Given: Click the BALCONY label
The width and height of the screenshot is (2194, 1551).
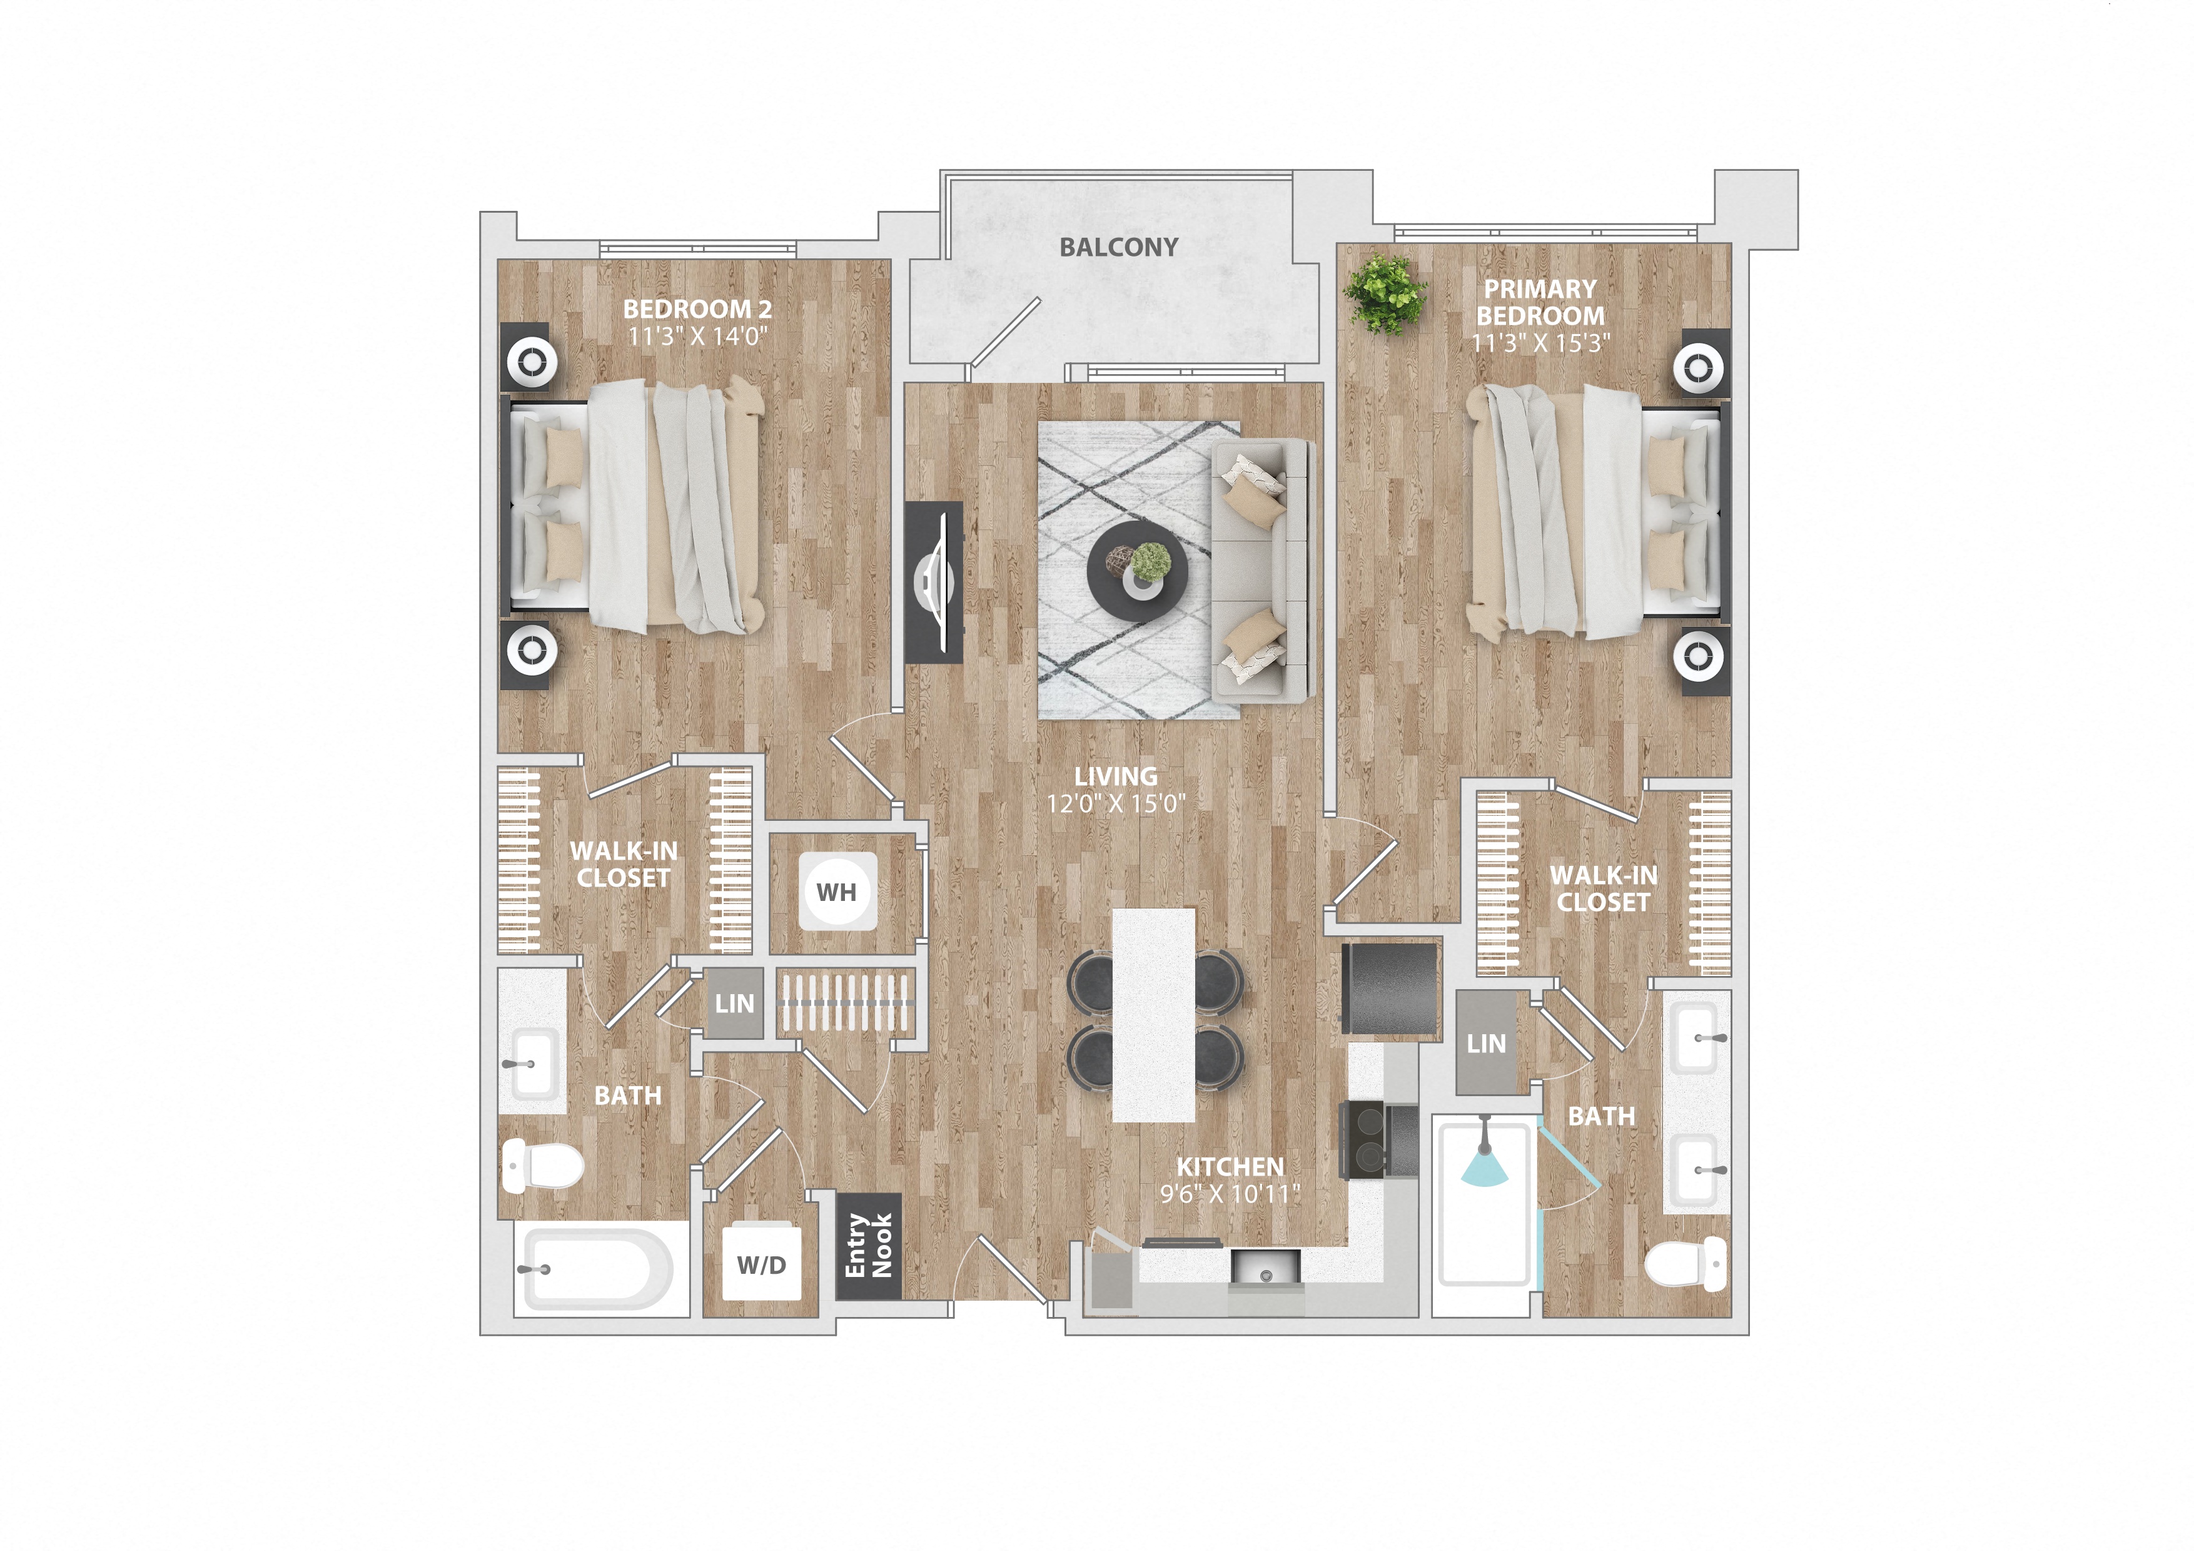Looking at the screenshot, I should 1118,248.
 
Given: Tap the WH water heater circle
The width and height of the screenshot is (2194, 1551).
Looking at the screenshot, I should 837,892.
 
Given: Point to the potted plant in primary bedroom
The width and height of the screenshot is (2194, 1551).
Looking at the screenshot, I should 1385,293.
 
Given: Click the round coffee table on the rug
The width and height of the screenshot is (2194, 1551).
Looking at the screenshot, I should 1137,571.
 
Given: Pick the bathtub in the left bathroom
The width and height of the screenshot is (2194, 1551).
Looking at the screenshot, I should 598,1269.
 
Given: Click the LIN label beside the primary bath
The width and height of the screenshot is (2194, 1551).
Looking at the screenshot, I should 1486,1044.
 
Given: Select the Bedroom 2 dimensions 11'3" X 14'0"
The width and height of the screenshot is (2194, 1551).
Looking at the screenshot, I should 697,337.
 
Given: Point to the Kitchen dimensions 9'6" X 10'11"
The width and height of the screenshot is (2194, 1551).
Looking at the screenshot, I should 1230,1194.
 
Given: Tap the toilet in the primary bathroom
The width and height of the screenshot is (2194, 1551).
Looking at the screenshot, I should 1686,1263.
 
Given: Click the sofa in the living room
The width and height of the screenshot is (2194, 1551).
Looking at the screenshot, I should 1260,571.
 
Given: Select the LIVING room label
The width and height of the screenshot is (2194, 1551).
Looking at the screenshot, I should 1115,776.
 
